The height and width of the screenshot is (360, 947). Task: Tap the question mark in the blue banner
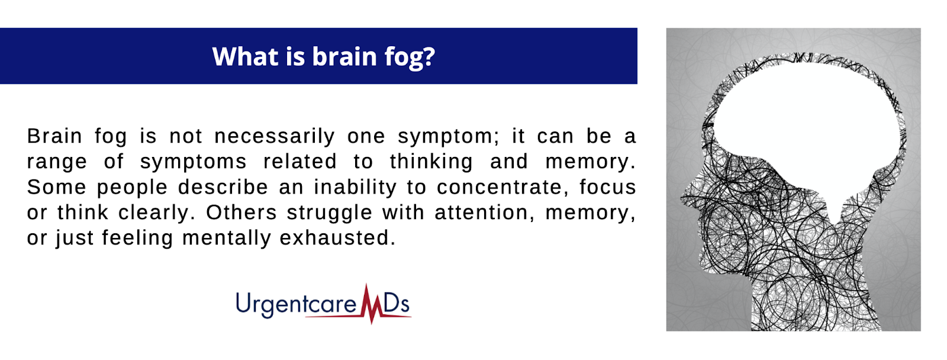coord(429,56)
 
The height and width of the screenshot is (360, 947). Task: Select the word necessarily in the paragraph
coord(275,137)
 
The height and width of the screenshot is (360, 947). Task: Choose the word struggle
coord(329,213)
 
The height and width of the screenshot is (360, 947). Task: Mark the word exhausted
coord(338,238)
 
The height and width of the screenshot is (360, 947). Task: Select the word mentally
coord(227,239)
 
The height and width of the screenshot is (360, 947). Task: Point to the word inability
coord(355,188)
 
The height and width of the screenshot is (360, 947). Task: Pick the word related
coord(299,161)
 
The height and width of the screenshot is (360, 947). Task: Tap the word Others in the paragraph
coord(241,212)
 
